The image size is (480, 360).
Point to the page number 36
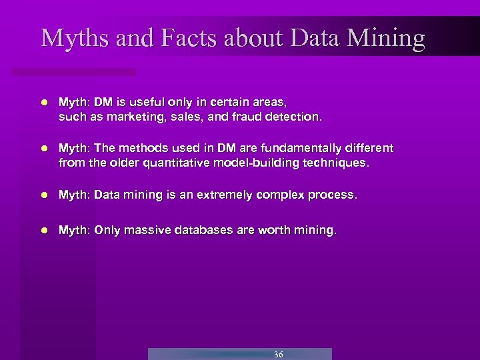[x=278, y=354]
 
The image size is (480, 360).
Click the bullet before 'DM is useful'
[x=43, y=103]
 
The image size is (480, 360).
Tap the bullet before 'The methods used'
[x=43, y=149]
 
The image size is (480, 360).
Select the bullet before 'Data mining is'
[x=43, y=195]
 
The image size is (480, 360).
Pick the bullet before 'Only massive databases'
[x=43, y=231]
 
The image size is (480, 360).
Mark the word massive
[x=149, y=231]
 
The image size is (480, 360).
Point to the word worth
[x=276, y=231]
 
